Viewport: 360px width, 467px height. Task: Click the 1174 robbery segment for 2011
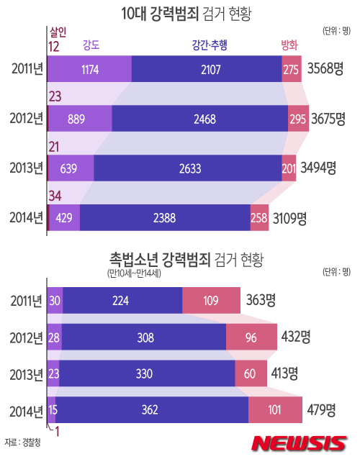90,69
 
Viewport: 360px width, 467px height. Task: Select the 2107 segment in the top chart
207,69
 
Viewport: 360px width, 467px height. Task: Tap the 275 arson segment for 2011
291,69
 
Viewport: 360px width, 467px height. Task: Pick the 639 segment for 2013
71,168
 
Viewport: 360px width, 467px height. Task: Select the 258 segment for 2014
259,217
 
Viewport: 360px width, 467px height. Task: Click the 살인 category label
58,32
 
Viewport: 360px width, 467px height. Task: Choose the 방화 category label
289,46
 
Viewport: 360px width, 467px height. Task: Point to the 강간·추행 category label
210,46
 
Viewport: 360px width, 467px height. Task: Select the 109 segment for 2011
212,300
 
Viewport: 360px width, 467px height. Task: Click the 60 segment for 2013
249,373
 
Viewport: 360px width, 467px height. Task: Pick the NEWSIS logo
299,443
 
